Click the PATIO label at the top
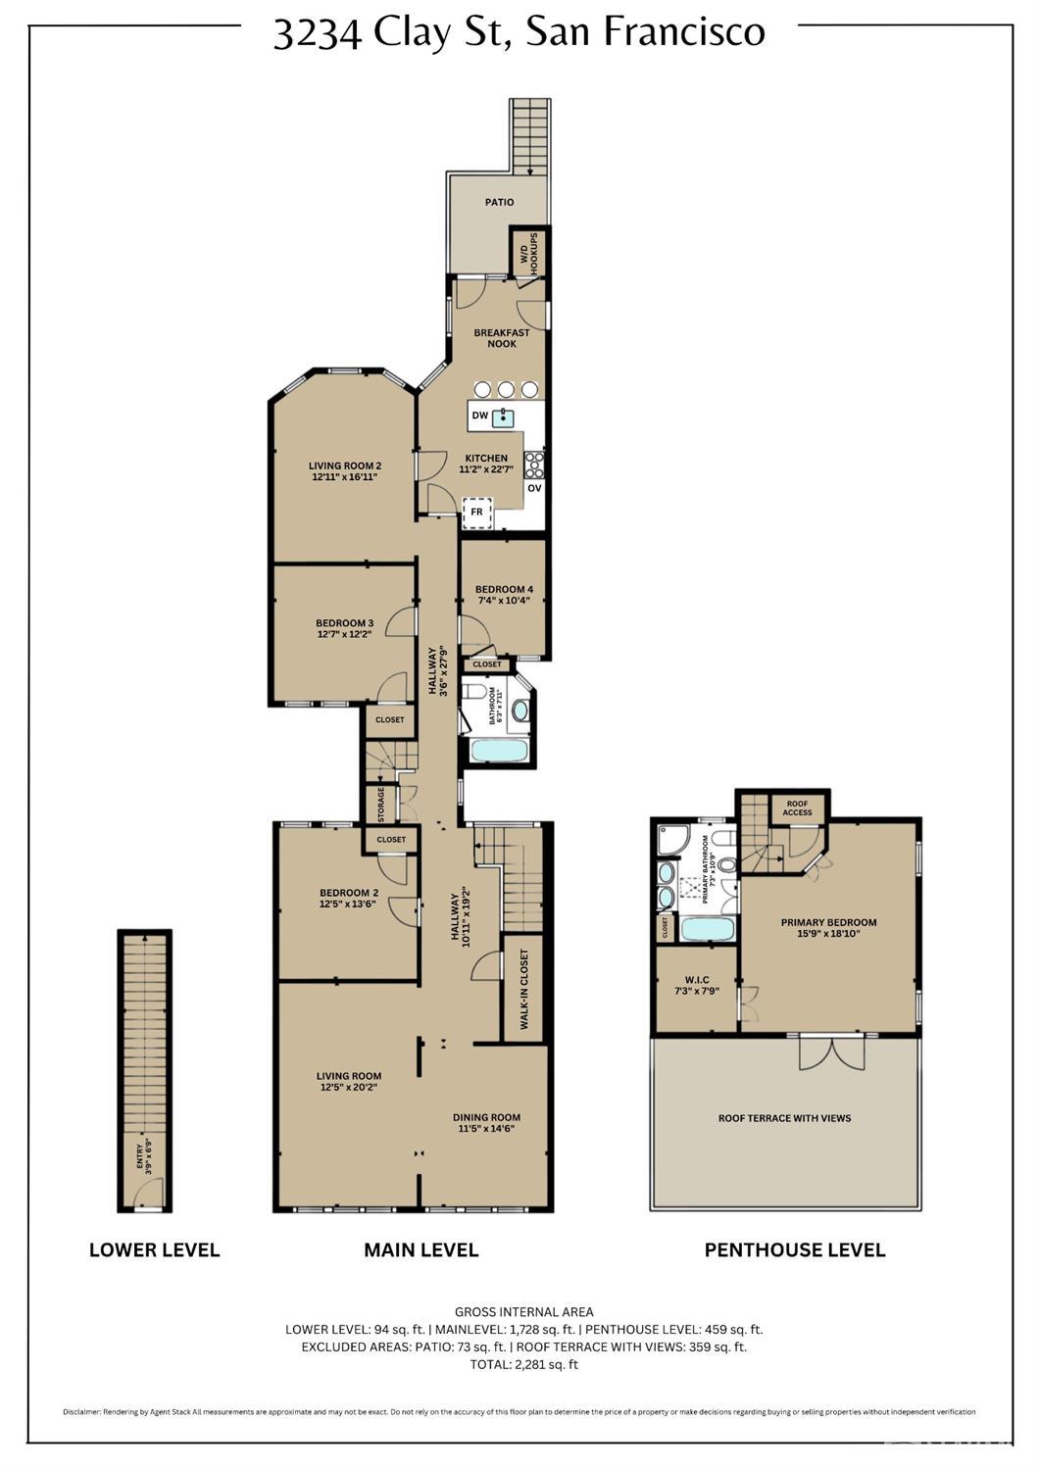coord(499,203)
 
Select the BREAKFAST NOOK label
coord(501,338)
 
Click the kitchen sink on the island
coord(504,418)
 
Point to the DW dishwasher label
coord(479,416)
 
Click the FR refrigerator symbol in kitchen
coord(476,512)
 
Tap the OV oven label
coord(534,488)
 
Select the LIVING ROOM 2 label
coord(344,471)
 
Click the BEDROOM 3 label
coord(344,628)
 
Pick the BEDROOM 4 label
coord(504,595)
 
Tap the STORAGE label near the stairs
coord(380,805)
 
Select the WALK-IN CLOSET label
coord(524,989)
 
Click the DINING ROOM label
coord(486,1122)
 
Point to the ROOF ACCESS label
coord(797,808)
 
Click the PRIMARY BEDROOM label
coord(828,928)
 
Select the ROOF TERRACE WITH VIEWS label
coord(784,1118)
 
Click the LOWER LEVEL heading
coord(154,1250)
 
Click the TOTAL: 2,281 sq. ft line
coord(523,1364)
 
